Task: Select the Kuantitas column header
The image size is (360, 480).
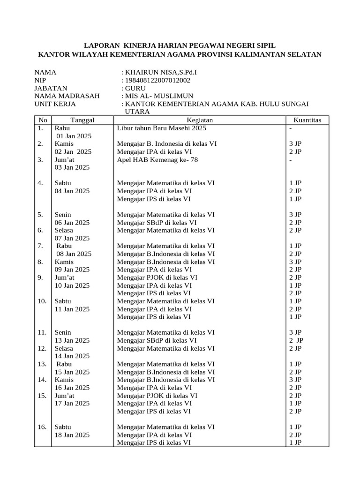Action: [x=307, y=120]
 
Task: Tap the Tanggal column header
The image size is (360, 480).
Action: [x=82, y=120]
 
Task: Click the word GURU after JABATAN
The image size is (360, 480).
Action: [x=135, y=88]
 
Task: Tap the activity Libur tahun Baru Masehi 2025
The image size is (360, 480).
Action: [x=161, y=128]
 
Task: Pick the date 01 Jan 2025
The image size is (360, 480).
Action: [x=74, y=136]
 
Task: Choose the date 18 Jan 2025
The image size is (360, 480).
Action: [x=72, y=435]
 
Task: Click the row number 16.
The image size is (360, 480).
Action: [x=42, y=427]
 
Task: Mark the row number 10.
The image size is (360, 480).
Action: [x=42, y=301]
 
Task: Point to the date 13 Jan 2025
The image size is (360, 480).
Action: [x=72, y=340]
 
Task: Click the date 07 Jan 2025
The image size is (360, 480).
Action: [x=72, y=238]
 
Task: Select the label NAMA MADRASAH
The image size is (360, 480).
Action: [x=67, y=96]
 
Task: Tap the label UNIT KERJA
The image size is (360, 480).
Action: [x=55, y=104]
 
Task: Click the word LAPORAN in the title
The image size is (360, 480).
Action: [x=100, y=45]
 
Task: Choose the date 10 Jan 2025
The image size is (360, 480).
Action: [x=72, y=285]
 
